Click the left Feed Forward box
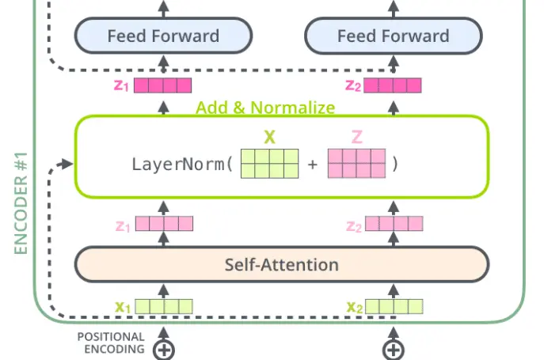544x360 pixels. [163, 36]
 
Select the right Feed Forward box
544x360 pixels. [394, 36]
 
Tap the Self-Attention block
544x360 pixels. [282, 264]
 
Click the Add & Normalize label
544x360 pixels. [265, 107]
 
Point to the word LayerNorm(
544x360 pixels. [182, 164]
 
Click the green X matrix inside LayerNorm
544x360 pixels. [269, 164]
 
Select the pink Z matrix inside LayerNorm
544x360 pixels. [356, 164]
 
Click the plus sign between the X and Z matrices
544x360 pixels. [313, 164]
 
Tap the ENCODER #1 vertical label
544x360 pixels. [21, 203]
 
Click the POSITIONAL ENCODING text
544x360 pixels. [111, 343]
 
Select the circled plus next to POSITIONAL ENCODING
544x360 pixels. [164, 350]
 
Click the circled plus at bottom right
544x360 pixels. [394, 350]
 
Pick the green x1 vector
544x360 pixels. [164, 306]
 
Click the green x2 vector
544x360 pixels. [394, 306]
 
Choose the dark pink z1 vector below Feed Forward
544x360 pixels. [162, 85]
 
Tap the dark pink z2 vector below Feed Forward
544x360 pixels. [393, 85]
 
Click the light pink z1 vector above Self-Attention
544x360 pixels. [164, 224]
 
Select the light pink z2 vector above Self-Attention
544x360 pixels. [394, 224]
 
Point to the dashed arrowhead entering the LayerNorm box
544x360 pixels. [67, 164]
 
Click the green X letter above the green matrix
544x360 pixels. [269, 138]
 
